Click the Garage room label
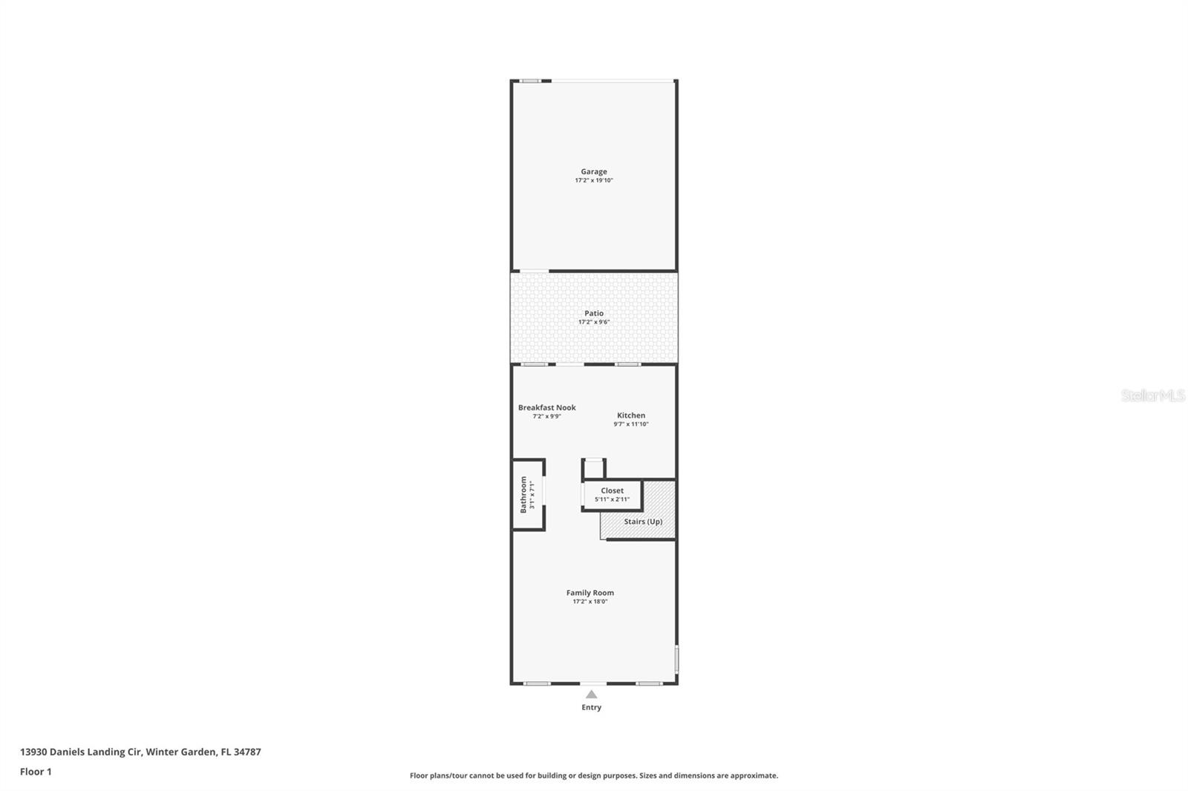pos(593,171)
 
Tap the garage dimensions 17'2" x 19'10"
pos(593,180)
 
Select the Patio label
pos(593,313)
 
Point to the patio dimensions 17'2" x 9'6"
pos(593,322)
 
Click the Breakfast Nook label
pos(546,407)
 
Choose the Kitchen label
pos(630,416)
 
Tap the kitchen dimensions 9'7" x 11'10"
pos(630,424)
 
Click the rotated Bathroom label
pos(523,494)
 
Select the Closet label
pos(612,490)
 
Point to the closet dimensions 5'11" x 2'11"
pos(612,499)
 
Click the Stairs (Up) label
pos(642,522)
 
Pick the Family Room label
pos(590,593)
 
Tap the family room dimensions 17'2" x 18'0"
pos(590,602)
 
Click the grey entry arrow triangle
pos(591,695)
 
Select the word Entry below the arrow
pos(591,707)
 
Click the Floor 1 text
pos(36,772)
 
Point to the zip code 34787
pos(247,752)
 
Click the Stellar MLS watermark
pos(1152,395)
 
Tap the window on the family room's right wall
pos(676,659)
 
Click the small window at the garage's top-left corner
pos(529,81)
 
